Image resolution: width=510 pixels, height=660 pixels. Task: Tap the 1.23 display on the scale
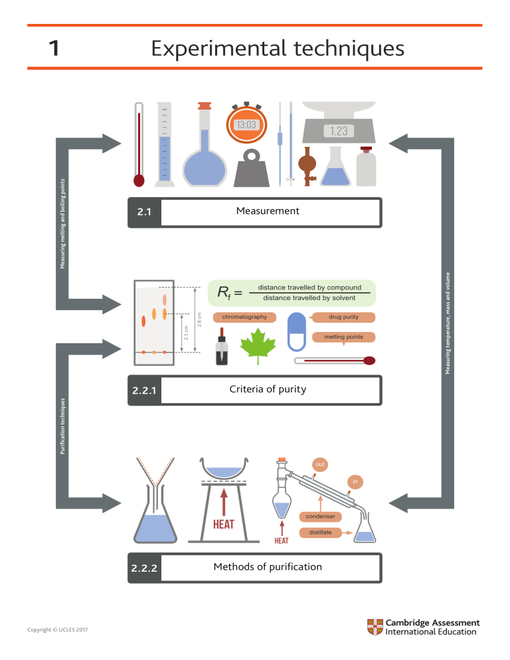(x=339, y=131)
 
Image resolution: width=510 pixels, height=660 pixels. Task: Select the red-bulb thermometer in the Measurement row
(x=139, y=144)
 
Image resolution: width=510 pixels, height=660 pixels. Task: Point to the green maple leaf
(x=258, y=346)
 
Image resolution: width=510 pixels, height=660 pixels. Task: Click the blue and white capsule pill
(x=296, y=332)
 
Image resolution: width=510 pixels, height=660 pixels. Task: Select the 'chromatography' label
(x=244, y=317)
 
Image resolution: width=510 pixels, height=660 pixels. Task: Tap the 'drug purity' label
(x=343, y=317)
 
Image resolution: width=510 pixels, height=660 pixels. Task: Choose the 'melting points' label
(x=343, y=337)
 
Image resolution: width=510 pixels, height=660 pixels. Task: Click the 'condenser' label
(x=321, y=517)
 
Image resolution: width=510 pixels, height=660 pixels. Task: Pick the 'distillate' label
(x=320, y=533)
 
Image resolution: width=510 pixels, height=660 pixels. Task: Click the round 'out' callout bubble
(x=320, y=464)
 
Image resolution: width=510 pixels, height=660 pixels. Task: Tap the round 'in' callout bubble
(x=355, y=481)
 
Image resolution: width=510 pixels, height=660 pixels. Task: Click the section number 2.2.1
(x=144, y=390)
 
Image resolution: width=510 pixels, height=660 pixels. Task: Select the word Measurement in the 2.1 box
(x=268, y=211)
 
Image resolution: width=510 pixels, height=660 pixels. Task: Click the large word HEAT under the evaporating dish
(x=224, y=525)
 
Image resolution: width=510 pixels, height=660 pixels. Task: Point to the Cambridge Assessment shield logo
(x=375, y=627)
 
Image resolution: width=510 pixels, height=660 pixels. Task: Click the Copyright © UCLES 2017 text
(x=58, y=629)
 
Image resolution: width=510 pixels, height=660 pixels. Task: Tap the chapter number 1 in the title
(x=54, y=48)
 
